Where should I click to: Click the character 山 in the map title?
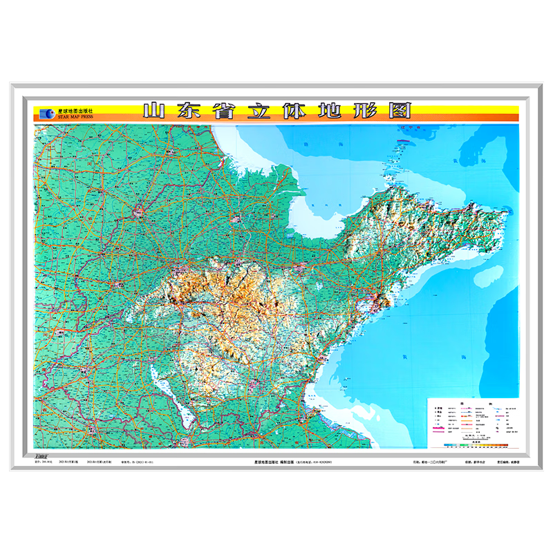click(x=153, y=111)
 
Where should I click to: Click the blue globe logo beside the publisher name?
click(x=46, y=113)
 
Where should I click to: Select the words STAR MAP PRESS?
click(x=75, y=117)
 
